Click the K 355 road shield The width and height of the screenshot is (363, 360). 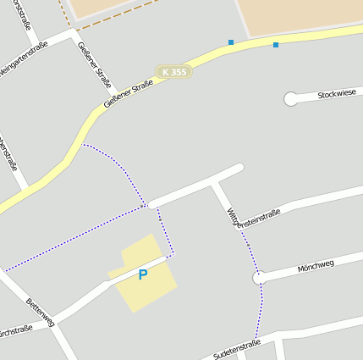click(173, 73)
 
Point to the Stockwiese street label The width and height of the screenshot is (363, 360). click(338, 94)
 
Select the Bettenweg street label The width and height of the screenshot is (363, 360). click(41, 312)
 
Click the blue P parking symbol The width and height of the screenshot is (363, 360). click(143, 274)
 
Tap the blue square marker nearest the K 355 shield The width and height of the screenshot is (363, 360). click(231, 42)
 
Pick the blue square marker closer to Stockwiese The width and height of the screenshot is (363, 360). click(275, 44)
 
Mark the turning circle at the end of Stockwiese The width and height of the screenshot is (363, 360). click(290, 99)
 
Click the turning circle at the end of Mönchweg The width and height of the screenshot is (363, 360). click(260, 277)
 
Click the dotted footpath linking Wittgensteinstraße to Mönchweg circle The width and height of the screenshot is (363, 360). click(245, 242)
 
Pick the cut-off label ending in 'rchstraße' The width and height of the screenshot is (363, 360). click(15, 330)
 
